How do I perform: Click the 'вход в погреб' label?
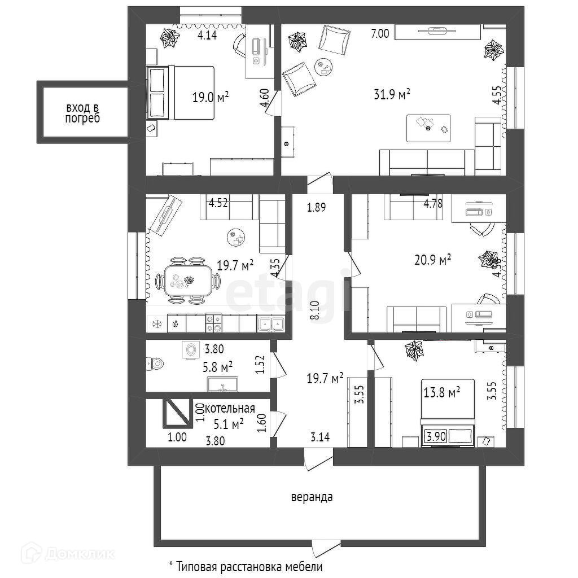point(82,113)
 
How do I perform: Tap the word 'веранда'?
point(312,497)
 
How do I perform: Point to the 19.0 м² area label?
point(211,97)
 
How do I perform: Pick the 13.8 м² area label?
point(441,391)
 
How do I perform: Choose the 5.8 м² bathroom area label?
point(218,368)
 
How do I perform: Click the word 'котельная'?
point(230,408)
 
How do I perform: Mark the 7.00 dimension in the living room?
point(380,34)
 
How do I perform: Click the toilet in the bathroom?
point(154,364)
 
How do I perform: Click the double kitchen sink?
point(271,323)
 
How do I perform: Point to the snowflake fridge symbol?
point(156,324)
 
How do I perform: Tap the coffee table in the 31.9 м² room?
point(428,128)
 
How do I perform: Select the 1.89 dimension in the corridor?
point(317,207)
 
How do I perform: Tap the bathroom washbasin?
point(224,385)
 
